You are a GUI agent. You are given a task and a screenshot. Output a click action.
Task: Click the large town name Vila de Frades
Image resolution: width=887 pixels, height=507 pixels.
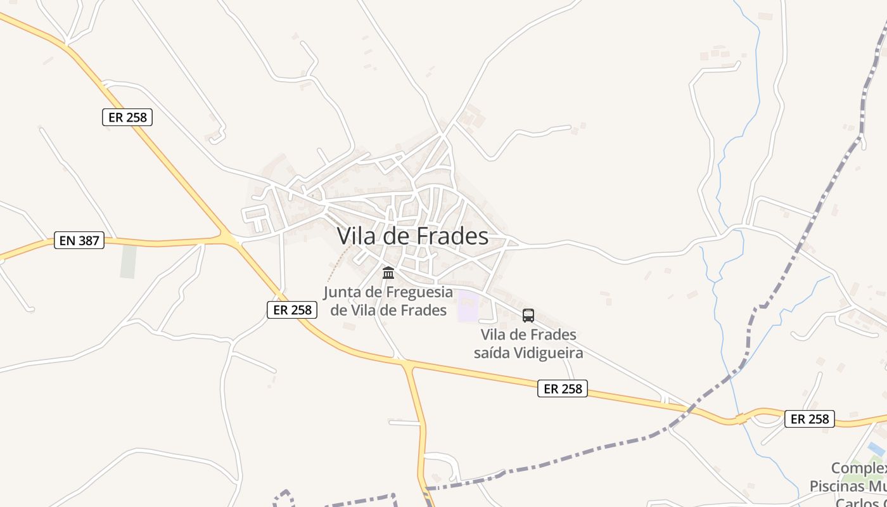(412, 236)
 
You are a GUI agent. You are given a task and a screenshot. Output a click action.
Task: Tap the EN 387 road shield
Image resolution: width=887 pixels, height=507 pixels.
(79, 240)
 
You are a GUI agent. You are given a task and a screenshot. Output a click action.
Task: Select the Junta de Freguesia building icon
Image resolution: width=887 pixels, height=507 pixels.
(388, 273)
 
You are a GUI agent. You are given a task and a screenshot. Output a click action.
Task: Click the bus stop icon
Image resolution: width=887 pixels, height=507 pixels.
(528, 315)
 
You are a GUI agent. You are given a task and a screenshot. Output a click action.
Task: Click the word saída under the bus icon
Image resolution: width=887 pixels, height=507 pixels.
(491, 352)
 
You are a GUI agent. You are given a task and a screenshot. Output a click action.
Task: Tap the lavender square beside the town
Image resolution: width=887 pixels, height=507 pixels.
(468, 305)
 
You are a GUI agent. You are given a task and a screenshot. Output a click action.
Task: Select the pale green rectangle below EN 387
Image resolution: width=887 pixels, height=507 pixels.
(129, 261)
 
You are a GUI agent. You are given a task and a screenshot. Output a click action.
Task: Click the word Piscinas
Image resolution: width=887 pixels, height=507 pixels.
(836, 486)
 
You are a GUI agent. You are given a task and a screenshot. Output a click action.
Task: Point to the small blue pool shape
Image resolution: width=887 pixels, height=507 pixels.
(876, 449)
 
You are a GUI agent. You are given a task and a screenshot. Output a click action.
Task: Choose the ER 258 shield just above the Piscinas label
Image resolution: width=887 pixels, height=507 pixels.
(810, 419)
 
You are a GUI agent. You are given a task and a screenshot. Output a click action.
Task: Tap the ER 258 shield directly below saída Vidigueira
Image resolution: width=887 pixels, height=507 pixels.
(563, 388)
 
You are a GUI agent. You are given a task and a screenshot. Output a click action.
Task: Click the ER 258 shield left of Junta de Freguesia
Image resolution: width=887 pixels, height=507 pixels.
(292, 310)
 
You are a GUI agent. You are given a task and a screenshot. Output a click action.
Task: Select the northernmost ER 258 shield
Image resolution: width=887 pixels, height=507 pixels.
(127, 117)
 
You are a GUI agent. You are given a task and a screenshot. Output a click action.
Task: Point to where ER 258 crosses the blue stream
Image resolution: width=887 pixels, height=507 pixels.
(739, 419)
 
